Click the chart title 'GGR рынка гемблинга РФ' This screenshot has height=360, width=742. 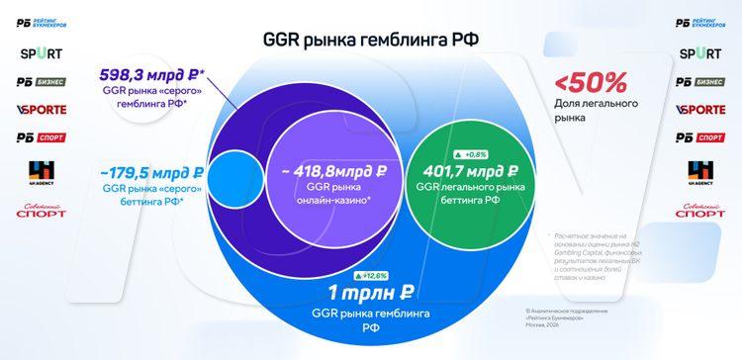click(x=371, y=40)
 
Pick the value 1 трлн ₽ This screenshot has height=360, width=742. click(x=371, y=293)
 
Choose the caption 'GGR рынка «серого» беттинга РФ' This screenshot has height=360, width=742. click(x=156, y=194)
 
